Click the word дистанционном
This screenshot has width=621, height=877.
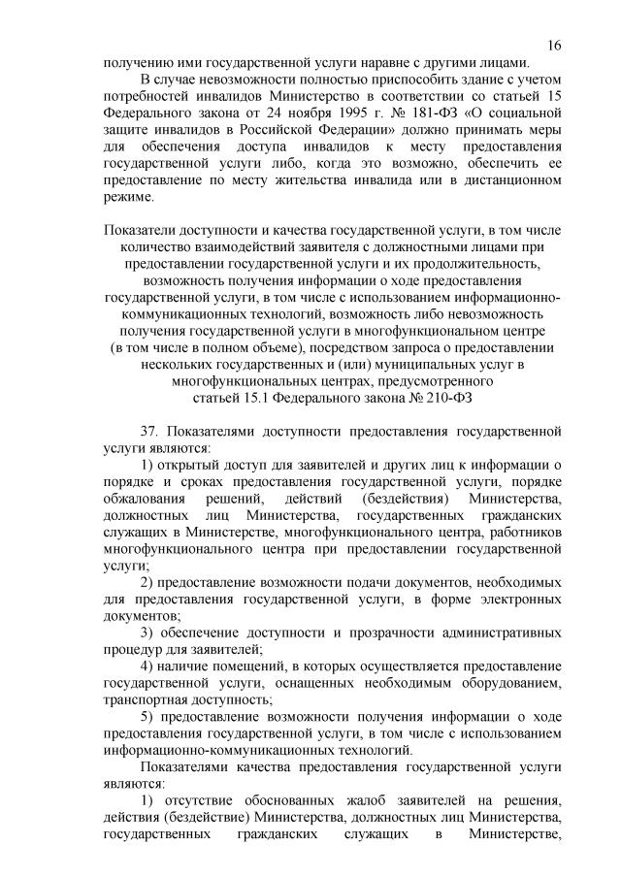(510, 179)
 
